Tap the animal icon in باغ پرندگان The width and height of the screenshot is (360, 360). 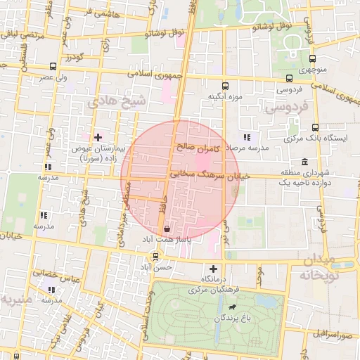click(232, 307)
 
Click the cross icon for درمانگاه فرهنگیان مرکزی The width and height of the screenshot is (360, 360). click(214, 268)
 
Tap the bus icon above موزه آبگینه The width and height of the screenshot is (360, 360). click(225, 82)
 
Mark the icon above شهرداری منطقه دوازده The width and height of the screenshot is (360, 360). click(304, 161)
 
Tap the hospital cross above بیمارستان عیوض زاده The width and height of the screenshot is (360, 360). click(97, 137)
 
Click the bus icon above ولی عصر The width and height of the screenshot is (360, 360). click(53, 66)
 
